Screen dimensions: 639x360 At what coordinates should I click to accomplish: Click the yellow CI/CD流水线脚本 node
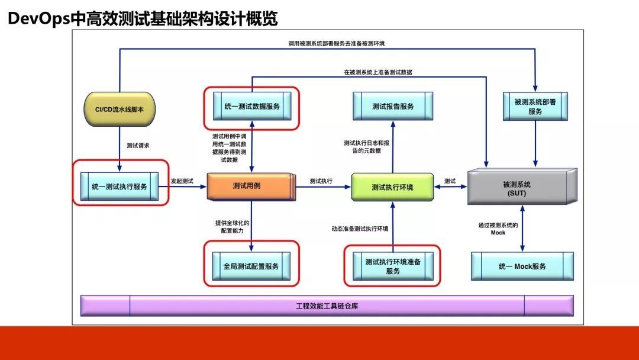120,110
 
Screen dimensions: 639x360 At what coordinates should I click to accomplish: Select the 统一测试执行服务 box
120,187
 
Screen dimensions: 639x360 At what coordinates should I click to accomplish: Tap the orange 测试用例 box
251,187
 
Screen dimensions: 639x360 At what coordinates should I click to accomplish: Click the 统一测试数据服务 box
252,106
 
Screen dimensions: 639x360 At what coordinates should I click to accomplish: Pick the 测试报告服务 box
393,106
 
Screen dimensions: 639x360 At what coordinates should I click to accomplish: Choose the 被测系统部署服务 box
535,107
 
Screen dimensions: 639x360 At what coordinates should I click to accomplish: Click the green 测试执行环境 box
392,187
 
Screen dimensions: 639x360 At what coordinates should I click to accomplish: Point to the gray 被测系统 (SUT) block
522,187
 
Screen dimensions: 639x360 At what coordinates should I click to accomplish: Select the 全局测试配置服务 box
251,266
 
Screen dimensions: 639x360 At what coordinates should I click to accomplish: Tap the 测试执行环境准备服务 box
393,266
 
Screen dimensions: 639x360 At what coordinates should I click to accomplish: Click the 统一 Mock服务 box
522,266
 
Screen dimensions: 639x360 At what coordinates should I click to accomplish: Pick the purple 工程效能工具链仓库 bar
327,306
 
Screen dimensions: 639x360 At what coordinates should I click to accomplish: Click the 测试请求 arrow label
138,145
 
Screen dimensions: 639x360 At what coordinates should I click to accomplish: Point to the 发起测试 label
182,181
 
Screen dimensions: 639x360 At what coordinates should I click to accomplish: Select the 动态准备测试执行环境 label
360,229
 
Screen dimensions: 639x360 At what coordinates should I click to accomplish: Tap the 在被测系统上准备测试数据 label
377,72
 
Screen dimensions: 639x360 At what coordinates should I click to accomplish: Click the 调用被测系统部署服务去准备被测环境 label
337,43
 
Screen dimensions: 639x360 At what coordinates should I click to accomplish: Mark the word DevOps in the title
39,19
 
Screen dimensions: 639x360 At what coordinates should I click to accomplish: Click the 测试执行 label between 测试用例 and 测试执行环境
321,181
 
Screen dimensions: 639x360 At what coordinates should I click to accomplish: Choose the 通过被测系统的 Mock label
498,229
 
